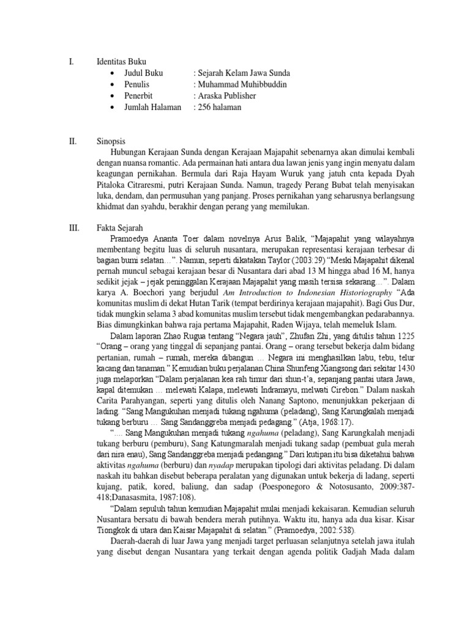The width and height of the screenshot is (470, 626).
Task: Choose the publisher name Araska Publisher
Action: pos(225,96)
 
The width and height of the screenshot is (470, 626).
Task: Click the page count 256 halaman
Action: pos(217,107)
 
